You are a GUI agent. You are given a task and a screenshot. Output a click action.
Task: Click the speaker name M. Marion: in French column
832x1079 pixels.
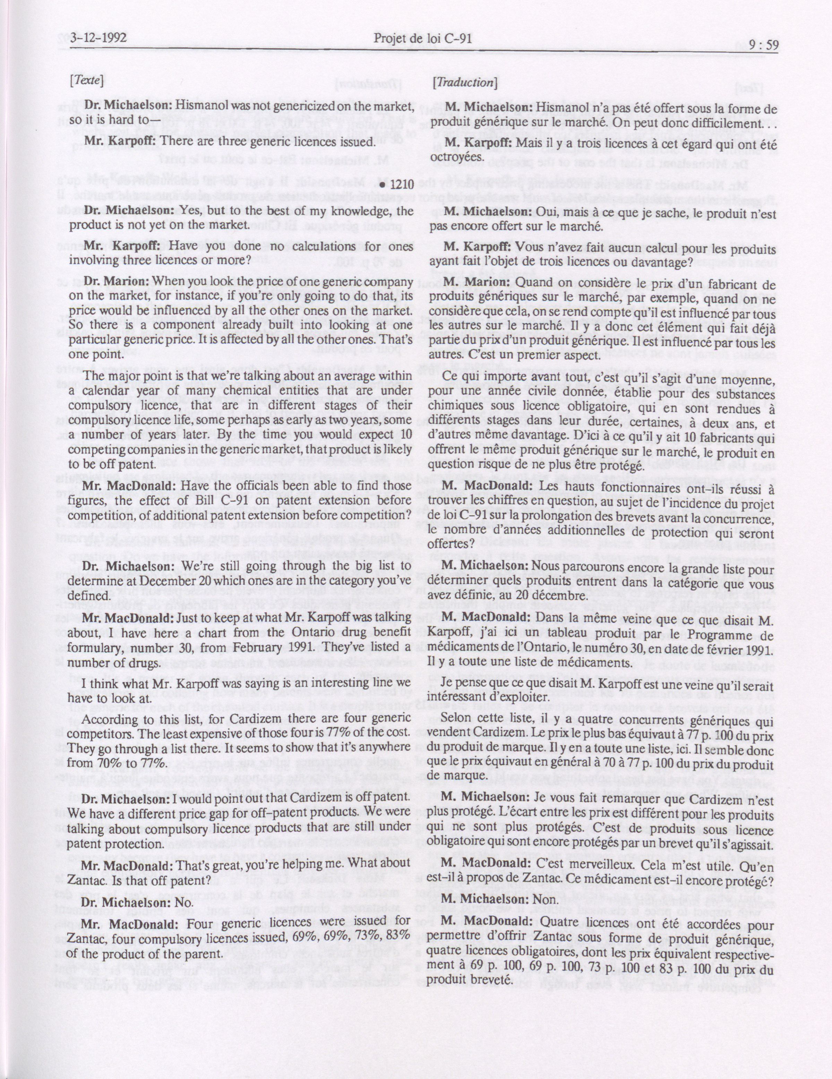click(x=477, y=283)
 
